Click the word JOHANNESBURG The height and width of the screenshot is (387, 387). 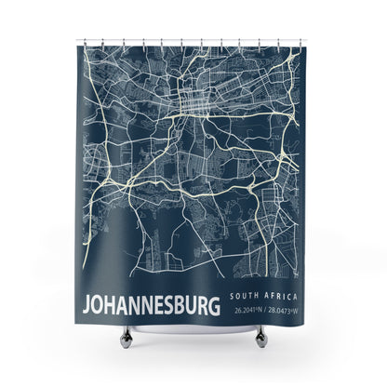pos(153,304)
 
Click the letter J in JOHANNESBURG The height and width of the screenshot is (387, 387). pos(88,305)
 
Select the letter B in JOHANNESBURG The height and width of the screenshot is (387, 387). pos(182,305)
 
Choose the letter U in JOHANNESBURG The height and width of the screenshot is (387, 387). pos(193,305)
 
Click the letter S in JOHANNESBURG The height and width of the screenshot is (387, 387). pos(171,305)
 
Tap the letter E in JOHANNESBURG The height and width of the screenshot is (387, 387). pos(160,305)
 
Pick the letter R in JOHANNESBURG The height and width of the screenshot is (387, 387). pos(205,305)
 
